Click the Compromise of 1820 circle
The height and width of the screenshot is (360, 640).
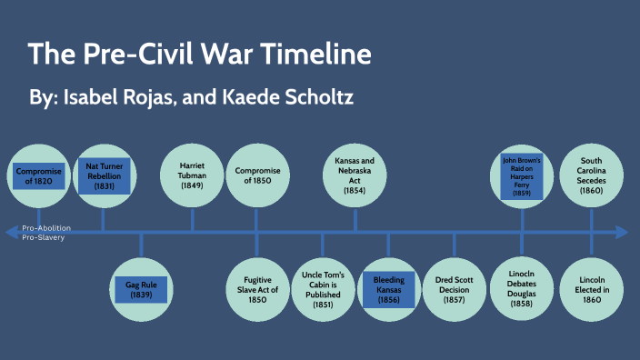39,175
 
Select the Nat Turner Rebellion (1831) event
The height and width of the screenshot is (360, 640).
105,175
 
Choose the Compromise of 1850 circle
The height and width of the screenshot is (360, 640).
257,175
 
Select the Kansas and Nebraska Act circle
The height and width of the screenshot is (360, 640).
355,175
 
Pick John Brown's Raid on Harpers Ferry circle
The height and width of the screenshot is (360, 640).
522,175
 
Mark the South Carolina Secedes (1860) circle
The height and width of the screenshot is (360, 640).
591,175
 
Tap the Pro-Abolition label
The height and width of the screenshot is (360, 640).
46,227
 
